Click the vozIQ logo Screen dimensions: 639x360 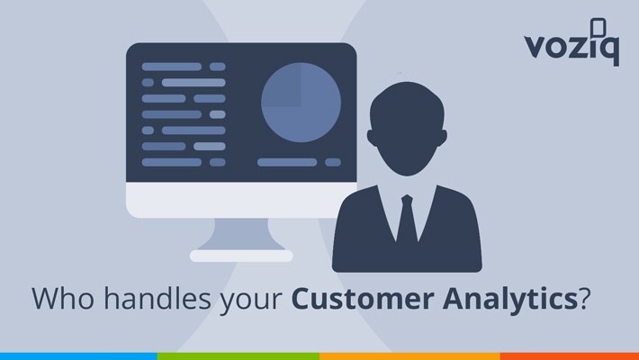click(571, 42)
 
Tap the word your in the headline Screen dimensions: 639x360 click(251, 301)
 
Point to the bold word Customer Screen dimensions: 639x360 click(363, 299)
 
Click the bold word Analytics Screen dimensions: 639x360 click(510, 300)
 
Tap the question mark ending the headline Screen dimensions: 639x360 click(584, 298)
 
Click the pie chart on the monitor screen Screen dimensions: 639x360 click(301, 103)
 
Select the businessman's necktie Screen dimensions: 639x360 click(407, 219)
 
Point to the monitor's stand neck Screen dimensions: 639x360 click(241, 234)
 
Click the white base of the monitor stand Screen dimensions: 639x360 click(241, 256)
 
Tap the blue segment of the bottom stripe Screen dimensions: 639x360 click(78, 356)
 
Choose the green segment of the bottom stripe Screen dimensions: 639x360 click(238, 356)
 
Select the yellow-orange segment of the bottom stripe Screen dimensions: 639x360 click(410, 356)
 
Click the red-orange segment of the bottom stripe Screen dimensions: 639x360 click(570, 356)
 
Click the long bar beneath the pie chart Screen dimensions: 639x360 click(287, 162)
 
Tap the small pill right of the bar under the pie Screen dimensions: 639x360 click(333, 162)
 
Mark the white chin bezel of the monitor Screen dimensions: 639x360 click(241, 200)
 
